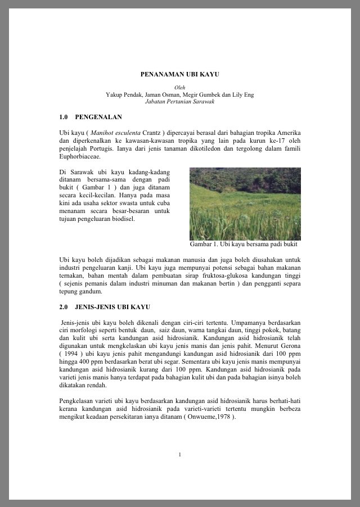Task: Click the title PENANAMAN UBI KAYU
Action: [x=179, y=74]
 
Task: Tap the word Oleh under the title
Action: [x=179, y=88]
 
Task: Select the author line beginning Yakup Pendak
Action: [x=179, y=94]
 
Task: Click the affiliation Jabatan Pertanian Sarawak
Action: [x=179, y=102]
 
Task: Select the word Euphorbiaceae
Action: [x=79, y=157]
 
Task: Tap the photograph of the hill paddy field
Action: [x=245, y=203]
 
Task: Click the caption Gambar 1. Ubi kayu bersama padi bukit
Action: [x=244, y=245]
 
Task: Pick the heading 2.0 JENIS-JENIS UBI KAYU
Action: [x=104, y=307]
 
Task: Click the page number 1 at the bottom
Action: [x=179, y=454]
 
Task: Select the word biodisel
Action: [x=123, y=219]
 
